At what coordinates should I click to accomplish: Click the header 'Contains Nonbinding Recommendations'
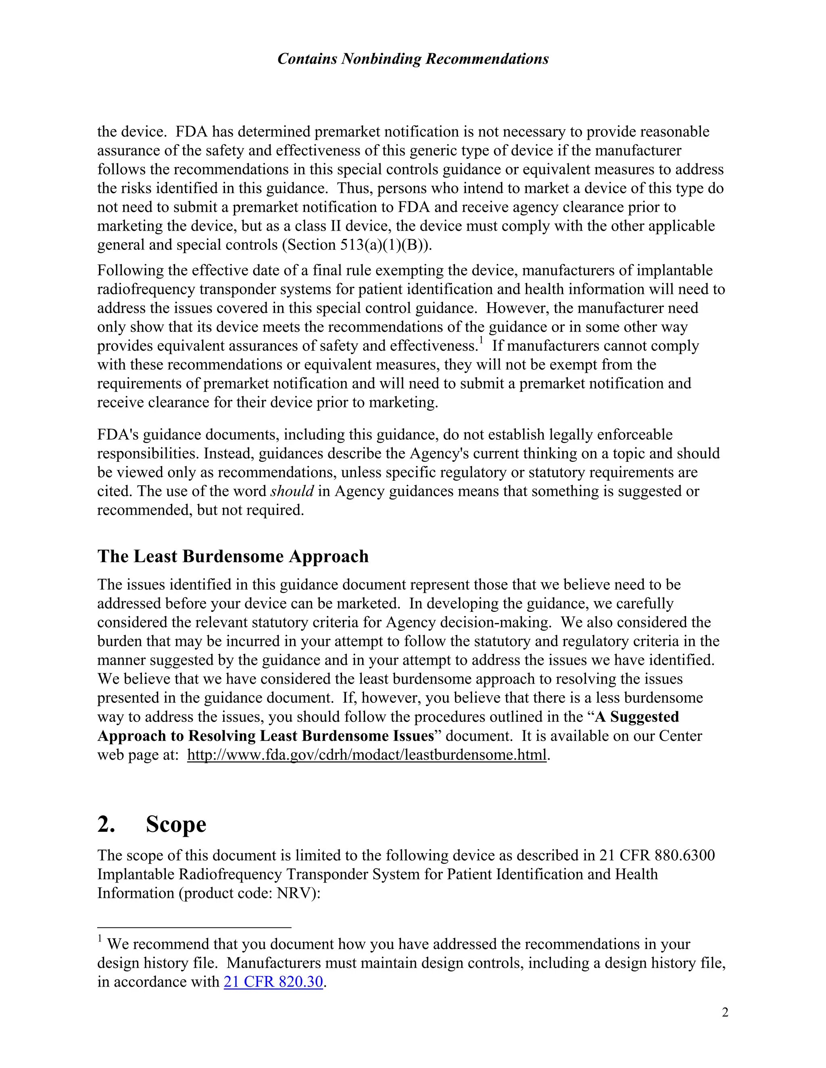413,59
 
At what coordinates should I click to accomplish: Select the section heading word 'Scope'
176,825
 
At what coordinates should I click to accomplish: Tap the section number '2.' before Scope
106,825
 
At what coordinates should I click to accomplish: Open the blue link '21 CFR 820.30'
273,981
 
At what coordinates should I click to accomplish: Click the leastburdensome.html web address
367,754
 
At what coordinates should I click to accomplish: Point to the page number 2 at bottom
725,1012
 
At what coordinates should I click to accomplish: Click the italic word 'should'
292,491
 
